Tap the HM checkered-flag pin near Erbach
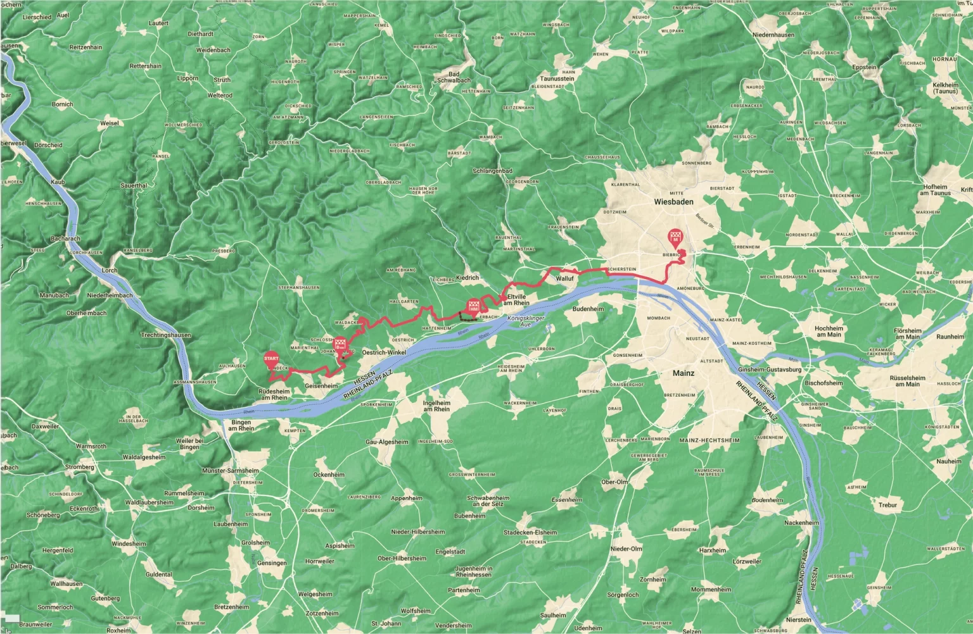click(x=473, y=306)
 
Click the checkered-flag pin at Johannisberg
click(x=341, y=345)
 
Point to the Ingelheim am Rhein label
click(x=436, y=405)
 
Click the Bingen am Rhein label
click(x=241, y=425)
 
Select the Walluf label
click(x=564, y=278)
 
